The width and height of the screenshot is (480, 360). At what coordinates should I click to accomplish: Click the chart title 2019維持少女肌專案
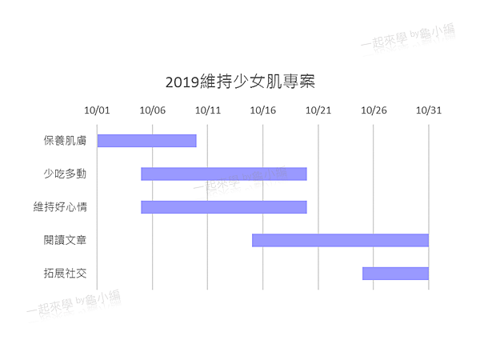pos(240,82)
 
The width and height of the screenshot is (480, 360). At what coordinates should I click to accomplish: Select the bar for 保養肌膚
pos(146,141)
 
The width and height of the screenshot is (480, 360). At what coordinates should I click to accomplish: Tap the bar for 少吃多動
pos(224,174)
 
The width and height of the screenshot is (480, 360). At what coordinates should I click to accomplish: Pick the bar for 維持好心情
pos(224,207)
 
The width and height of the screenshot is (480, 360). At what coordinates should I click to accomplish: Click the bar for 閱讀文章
pos(340,240)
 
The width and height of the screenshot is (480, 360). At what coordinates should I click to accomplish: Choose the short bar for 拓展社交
pos(395,274)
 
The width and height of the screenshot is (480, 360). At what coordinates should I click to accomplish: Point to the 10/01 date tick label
pos(97,110)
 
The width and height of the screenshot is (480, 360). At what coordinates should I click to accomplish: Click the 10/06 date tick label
pos(152,110)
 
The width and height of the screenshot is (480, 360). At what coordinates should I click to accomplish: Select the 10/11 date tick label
pos(207,110)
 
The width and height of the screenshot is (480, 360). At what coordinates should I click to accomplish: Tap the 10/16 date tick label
pos(262,110)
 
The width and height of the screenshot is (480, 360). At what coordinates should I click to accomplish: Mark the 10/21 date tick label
pos(318,110)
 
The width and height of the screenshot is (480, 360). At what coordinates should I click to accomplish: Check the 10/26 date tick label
pos(373,110)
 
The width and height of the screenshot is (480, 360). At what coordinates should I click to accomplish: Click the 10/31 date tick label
pos(428,110)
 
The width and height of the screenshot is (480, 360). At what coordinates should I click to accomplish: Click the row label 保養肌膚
pos(65,141)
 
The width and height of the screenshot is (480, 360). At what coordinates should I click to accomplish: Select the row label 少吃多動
pos(65,174)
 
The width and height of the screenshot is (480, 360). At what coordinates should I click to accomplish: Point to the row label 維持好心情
pos(60,207)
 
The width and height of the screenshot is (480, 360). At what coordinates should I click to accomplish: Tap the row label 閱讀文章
pos(65,240)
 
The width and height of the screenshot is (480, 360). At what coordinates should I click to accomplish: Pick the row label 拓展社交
pos(65,274)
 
